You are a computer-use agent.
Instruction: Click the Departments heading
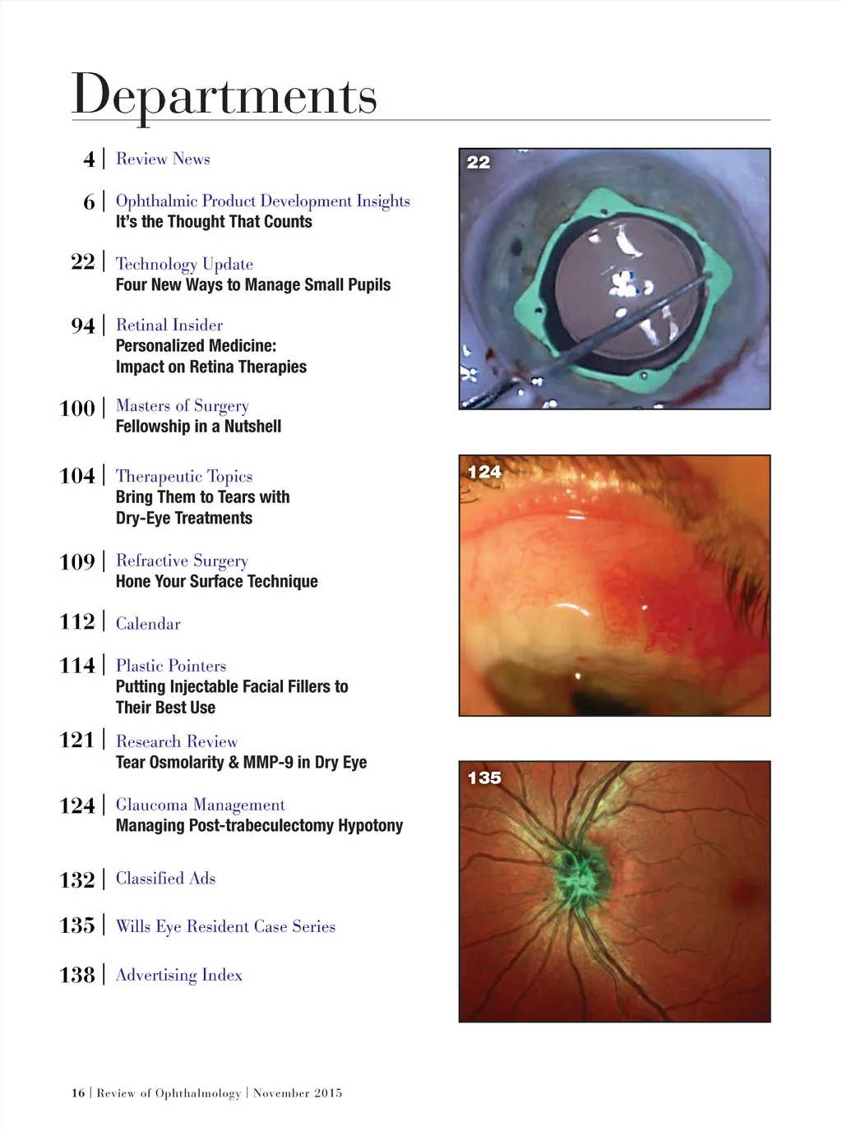[x=224, y=95]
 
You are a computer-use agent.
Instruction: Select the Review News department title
[x=163, y=159]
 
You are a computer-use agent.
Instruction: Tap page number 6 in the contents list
[x=89, y=202]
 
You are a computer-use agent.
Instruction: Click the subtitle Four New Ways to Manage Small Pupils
[x=253, y=285]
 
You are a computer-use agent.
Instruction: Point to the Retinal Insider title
[x=169, y=325]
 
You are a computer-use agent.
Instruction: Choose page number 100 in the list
[x=77, y=409]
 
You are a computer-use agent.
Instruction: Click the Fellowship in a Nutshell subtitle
[x=198, y=427]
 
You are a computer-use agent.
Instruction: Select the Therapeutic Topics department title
[x=184, y=476]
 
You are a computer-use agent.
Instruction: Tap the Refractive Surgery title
[x=182, y=561]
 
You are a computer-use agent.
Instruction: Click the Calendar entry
[x=148, y=624]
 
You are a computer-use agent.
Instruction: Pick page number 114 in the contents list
[x=77, y=666]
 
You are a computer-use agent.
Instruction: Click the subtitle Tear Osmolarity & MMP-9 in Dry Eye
[x=241, y=763]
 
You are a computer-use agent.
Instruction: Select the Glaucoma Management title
[x=201, y=805]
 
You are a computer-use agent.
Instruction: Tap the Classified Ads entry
[x=165, y=879]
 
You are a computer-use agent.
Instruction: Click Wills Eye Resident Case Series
[x=225, y=926]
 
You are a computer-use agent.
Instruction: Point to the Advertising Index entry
[x=179, y=975]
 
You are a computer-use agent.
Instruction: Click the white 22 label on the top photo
[x=479, y=163]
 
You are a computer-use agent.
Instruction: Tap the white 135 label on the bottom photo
[x=484, y=778]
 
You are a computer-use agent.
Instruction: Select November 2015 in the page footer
[x=298, y=1093]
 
